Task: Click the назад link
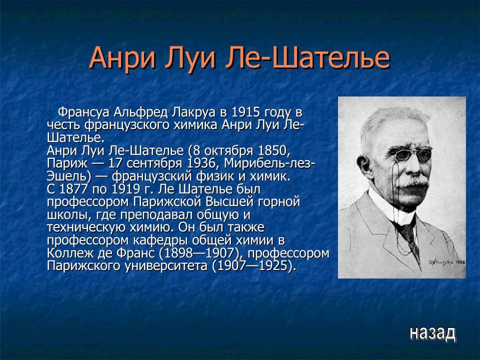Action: [x=432, y=332]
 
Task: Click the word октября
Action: [x=232, y=150]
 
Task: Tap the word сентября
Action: [x=159, y=163]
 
